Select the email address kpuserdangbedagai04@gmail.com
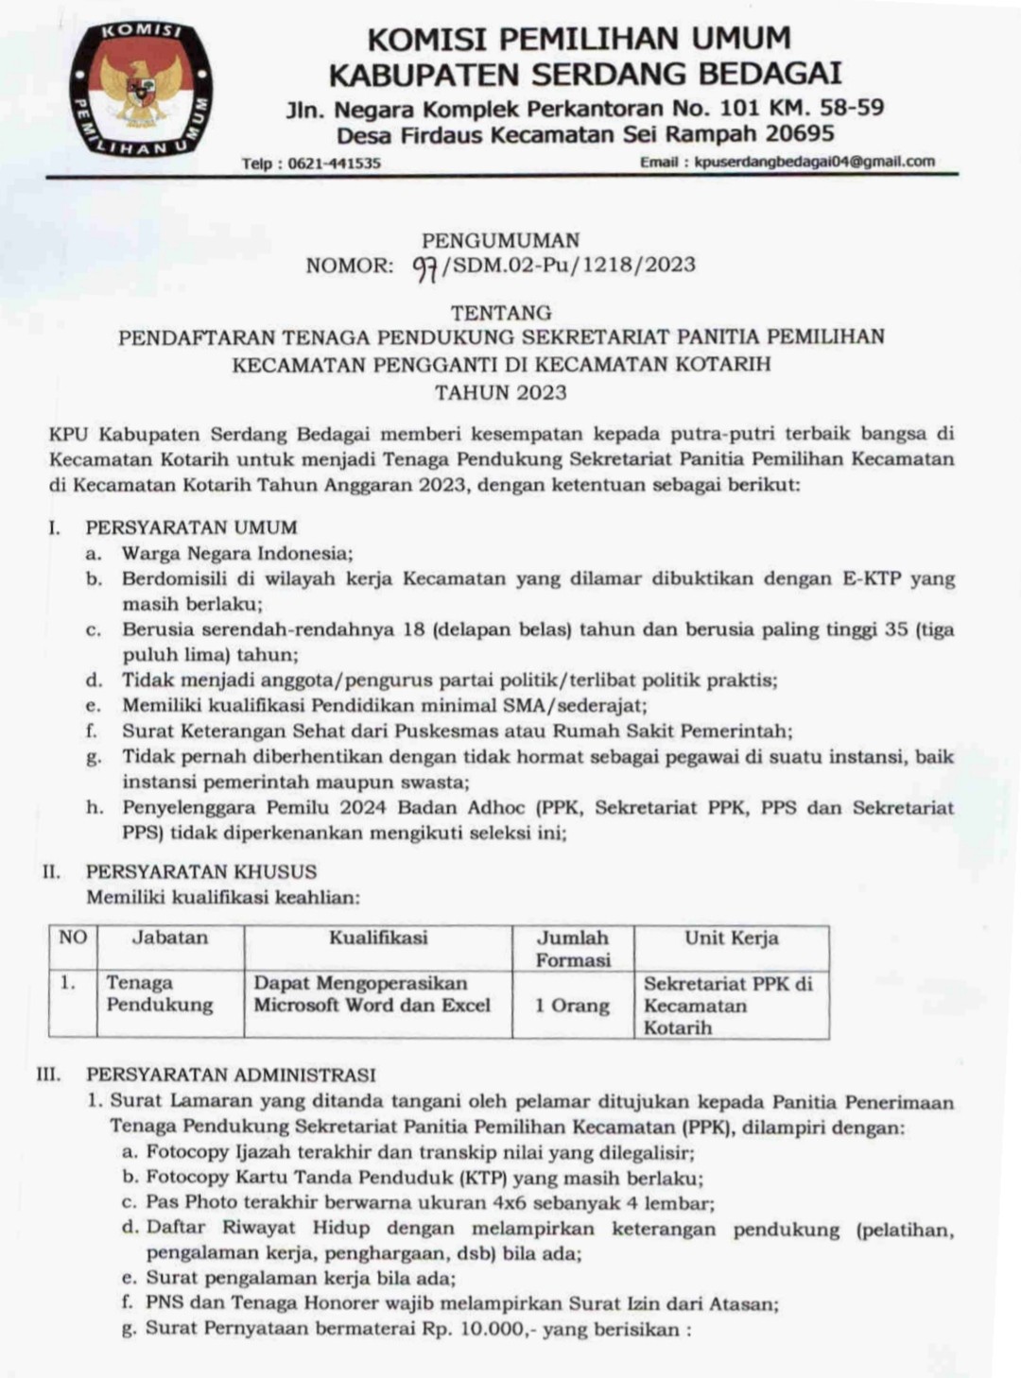click(814, 162)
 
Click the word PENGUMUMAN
click(500, 240)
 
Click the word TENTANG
click(501, 312)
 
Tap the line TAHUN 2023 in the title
click(501, 391)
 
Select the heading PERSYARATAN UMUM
click(191, 527)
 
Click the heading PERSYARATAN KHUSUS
click(201, 871)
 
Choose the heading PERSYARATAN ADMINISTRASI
click(231, 1075)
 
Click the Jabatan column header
click(169, 938)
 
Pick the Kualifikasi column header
click(378, 938)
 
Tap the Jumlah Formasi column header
click(573, 948)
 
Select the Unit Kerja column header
click(731, 938)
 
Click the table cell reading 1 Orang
click(572, 1006)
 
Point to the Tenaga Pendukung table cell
click(159, 994)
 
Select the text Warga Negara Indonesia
click(236, 553)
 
